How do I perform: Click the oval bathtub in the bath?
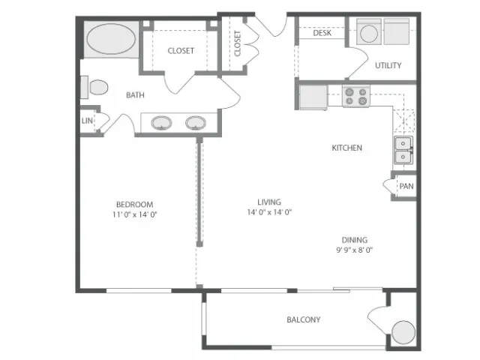click(x=111, y=39)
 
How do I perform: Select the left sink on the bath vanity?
click(x=161, y=123)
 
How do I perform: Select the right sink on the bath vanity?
click(x=196, y=123)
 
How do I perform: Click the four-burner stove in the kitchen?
click(x=356, y=96)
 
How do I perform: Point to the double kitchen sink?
click(x=403, y=150)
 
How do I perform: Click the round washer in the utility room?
click(x=369, y=33)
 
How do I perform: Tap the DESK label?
click(x=322, y=33)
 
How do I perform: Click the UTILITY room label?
click(x=388, y=65)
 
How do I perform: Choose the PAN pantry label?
click(x=406, y=186)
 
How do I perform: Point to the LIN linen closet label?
click(x=87, y=121)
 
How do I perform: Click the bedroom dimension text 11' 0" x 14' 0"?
click(x=135, y=214)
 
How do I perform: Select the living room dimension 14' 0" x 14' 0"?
click(x=269, y=211)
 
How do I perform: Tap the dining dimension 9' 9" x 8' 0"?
click(x=355, y=250)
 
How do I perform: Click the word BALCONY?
click(x=304, y=319)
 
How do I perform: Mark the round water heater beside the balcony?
click(x=403, y=332)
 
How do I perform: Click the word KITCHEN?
click(x=346, y=148)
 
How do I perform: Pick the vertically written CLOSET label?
click(x=238, y=43)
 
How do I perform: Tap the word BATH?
click(x=135, y=95)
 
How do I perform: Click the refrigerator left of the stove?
click(x=313, y=97)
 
